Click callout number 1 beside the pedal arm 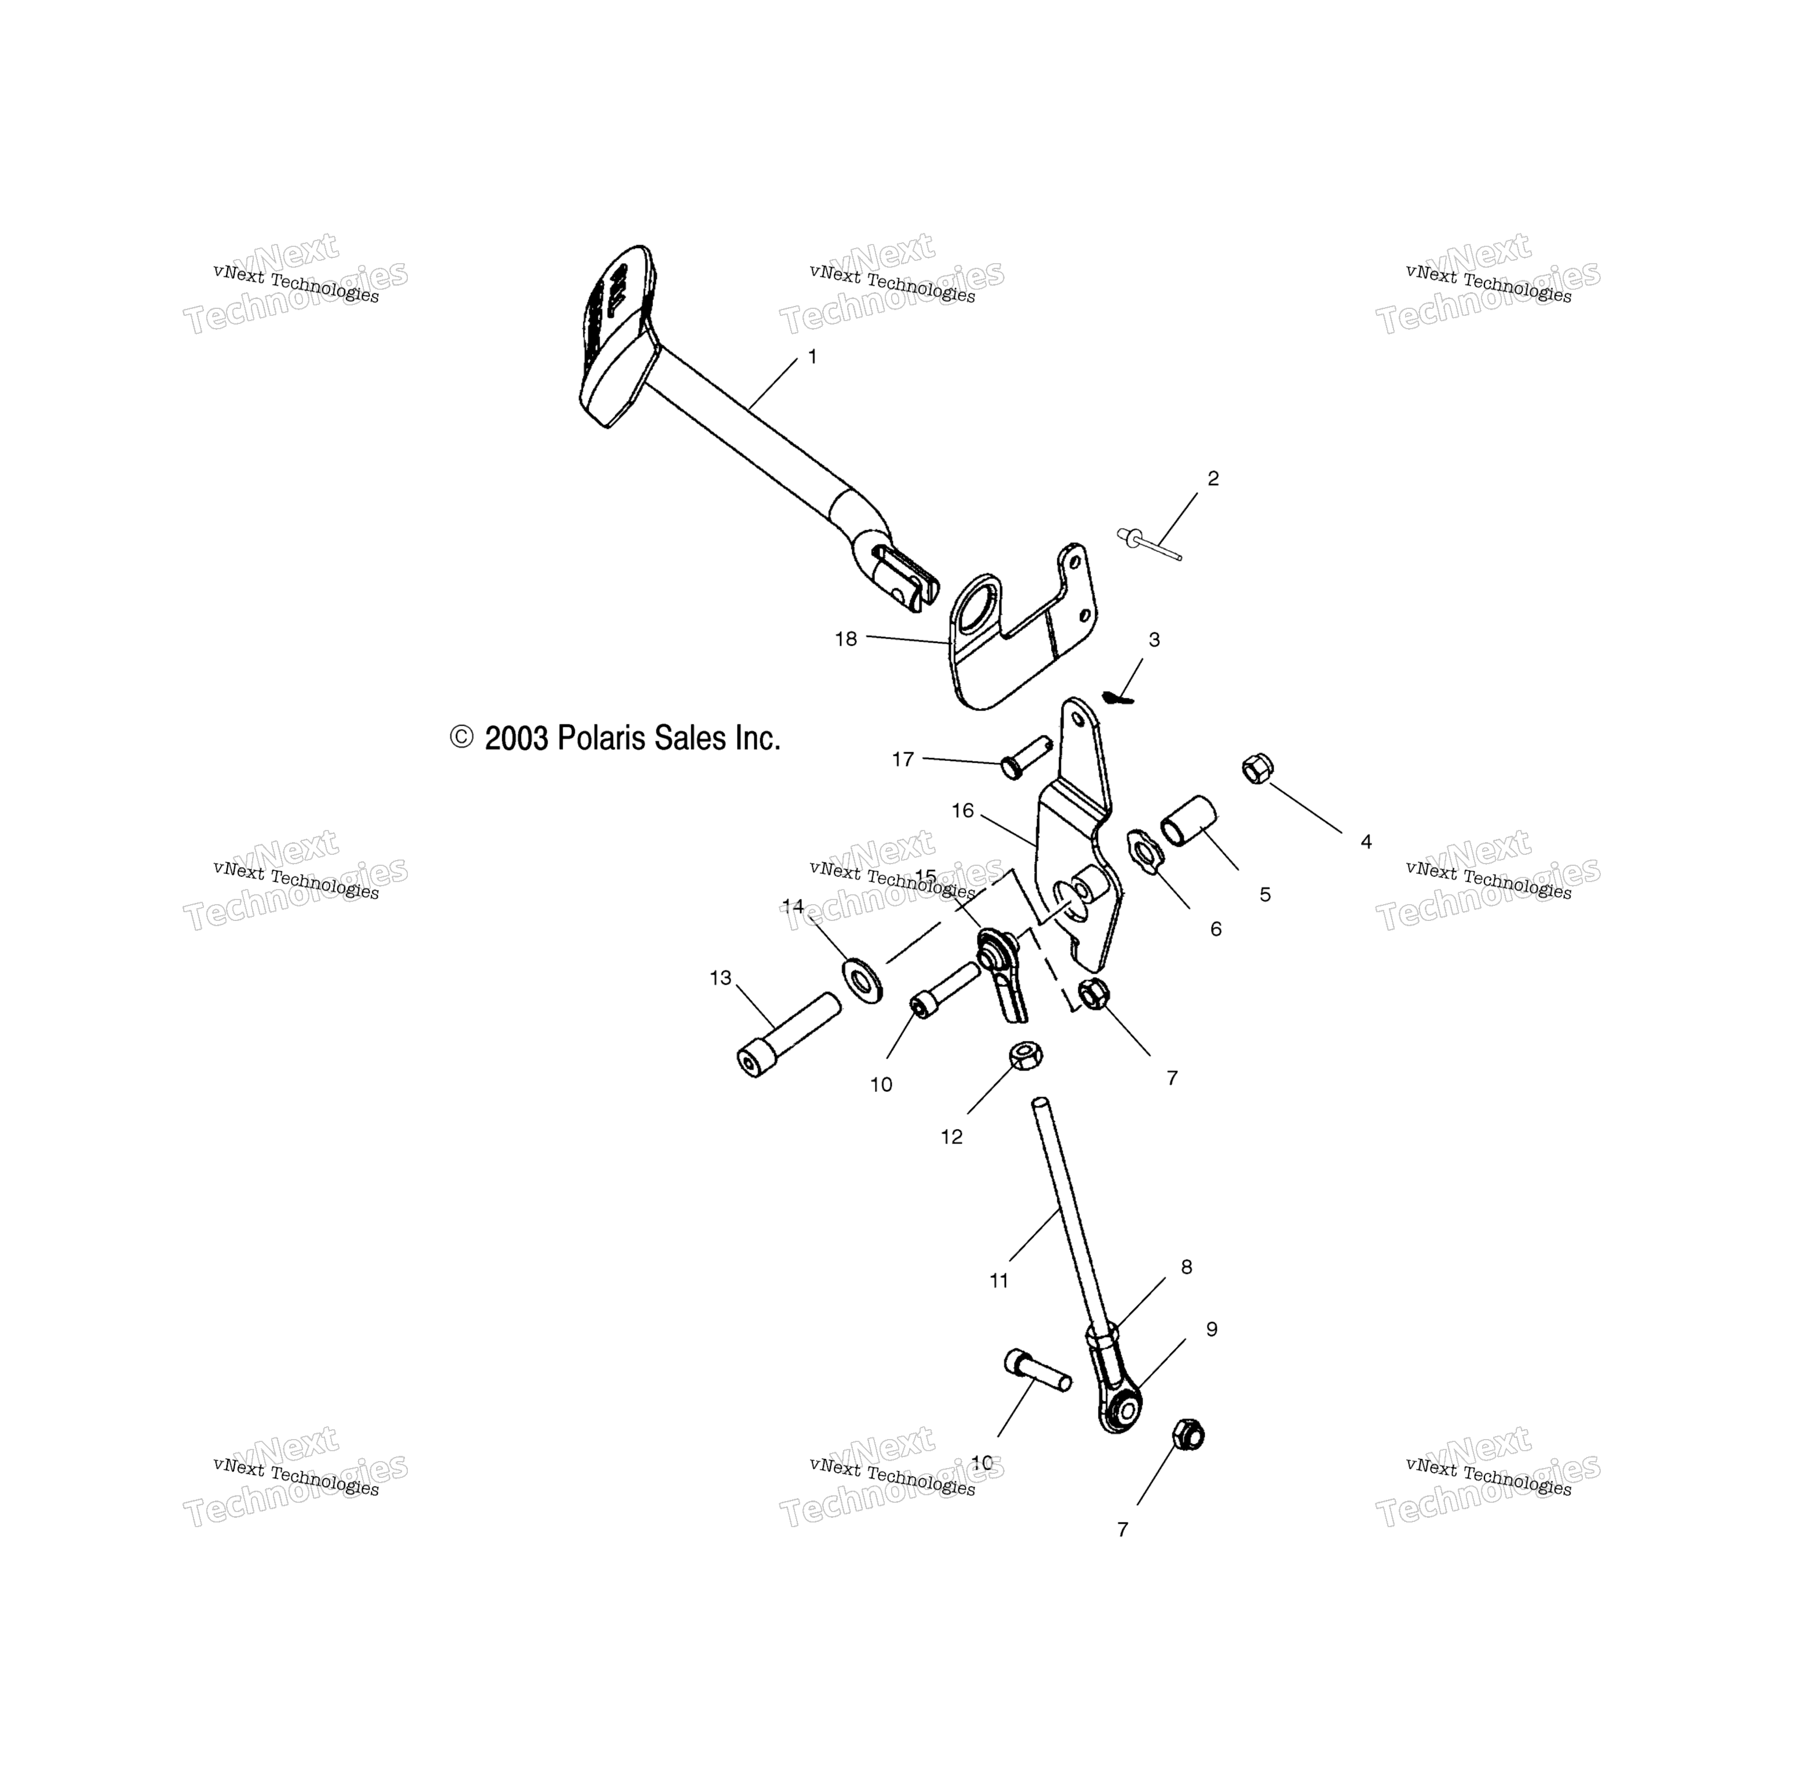812,356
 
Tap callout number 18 845,639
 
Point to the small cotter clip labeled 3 1118,697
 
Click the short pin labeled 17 1026,757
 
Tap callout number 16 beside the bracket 962,811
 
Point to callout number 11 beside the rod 999,1281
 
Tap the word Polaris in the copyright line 602,739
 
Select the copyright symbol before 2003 462,737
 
